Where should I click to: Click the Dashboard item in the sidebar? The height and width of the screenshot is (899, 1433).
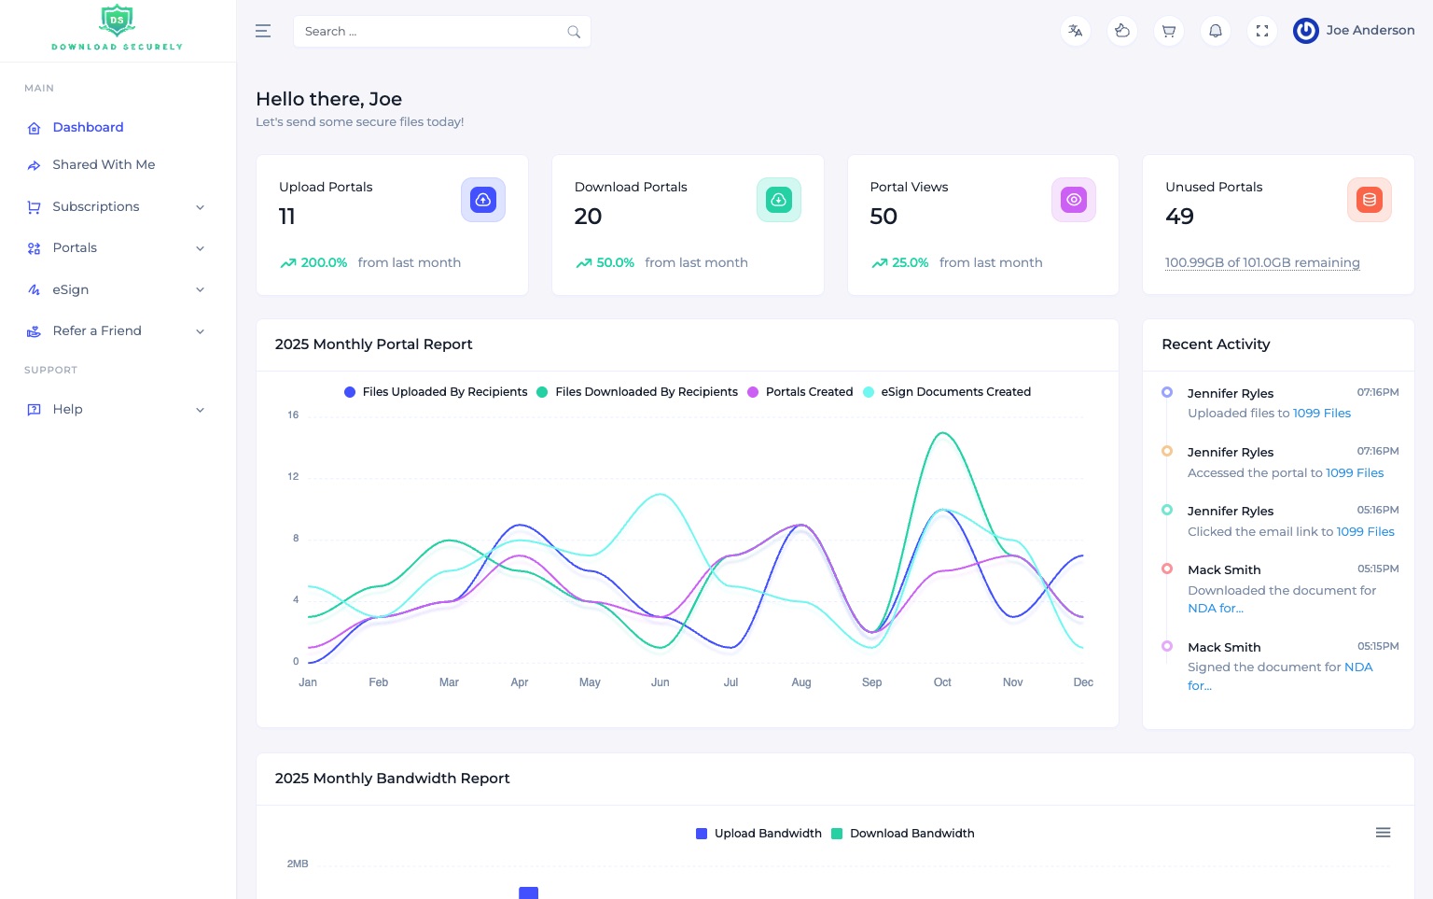(x=88, y=127)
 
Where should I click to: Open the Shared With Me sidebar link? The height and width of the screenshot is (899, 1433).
(x=104, y=164)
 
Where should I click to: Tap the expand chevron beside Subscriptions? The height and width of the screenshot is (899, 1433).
(x=200, y=207)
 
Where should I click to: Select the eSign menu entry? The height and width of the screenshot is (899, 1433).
(x=71, y=289)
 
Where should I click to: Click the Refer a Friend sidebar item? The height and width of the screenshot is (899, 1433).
(x=97, y=330)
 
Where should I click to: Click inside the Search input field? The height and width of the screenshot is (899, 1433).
(x=429, y=32)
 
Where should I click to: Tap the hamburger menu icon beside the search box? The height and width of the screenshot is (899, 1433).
(x=263, y=32)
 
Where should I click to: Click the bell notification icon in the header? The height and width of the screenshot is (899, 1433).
(x=1216, y=31)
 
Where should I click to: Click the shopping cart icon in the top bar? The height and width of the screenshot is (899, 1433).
(x=1169, y=31)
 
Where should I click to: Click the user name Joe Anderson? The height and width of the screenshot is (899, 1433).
(x=1370, y=30)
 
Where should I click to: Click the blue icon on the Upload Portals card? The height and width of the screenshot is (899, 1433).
(x=483, y=200)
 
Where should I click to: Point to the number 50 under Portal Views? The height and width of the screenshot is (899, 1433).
(x=883, y=217)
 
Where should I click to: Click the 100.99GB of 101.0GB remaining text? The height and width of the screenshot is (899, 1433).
(x=1262, y=262)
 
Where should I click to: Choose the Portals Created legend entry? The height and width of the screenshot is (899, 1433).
(x=808, y=392)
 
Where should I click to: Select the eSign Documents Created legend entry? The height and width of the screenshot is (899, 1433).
(x=954, y=392)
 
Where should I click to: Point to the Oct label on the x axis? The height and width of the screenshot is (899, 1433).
(x=942, y=682)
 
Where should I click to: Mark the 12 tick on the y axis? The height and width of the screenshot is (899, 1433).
(x=293, y=476)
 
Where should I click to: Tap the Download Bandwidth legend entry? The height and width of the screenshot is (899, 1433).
(x=911, y=834)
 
